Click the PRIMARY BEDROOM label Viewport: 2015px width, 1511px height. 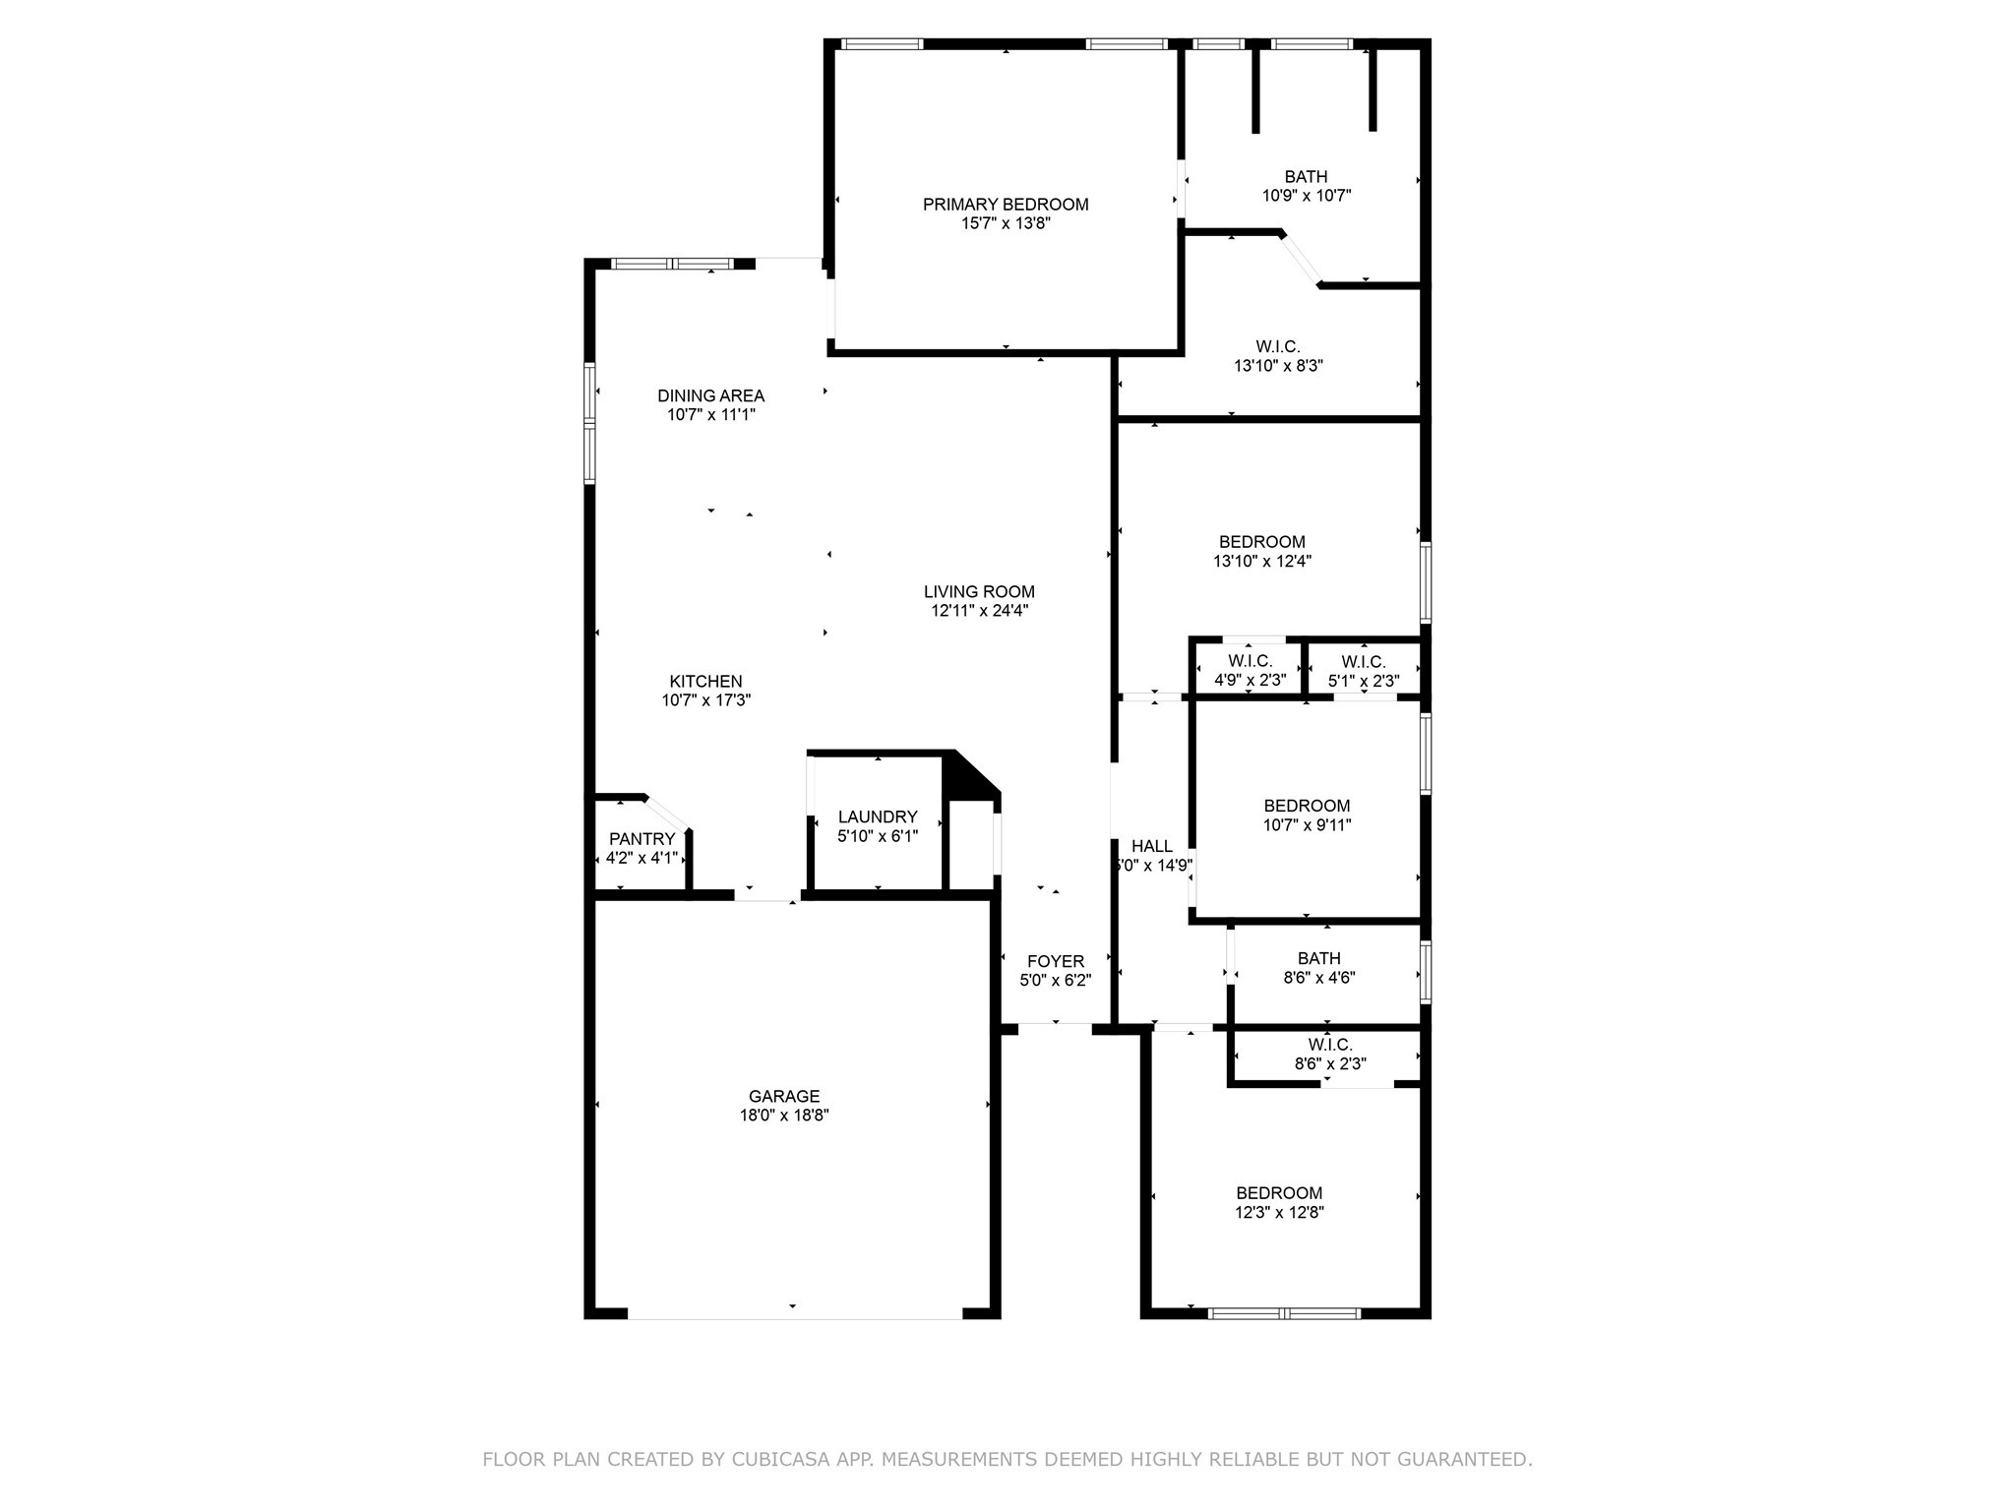point(1005,205)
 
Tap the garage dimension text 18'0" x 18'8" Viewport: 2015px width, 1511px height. point(784,1116)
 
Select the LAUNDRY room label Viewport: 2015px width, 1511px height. point(878,816)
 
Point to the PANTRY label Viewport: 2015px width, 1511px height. point(641,839)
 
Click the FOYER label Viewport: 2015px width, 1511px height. point(1055,961)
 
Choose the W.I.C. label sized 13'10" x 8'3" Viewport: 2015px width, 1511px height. point(1277,346)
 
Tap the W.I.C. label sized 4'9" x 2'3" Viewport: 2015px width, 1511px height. point(1250,661)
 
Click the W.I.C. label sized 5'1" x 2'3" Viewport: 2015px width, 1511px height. point(1363,662)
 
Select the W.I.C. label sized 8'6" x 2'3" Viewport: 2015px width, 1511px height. point(1330,1045)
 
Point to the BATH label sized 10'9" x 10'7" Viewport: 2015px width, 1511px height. point(1306,177)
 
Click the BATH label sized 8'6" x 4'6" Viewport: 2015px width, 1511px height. point(1318,958)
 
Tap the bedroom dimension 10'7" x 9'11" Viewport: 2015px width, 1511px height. point(1307,825)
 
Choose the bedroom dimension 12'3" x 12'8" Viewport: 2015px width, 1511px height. point(1279,1213)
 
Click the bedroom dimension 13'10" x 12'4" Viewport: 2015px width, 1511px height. point(1261,562)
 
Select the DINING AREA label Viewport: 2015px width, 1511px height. point(710,395)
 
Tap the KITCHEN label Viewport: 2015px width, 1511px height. point(705,681)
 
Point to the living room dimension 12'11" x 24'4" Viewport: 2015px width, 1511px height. point(979,611)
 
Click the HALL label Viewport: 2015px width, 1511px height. point(1151,846)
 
